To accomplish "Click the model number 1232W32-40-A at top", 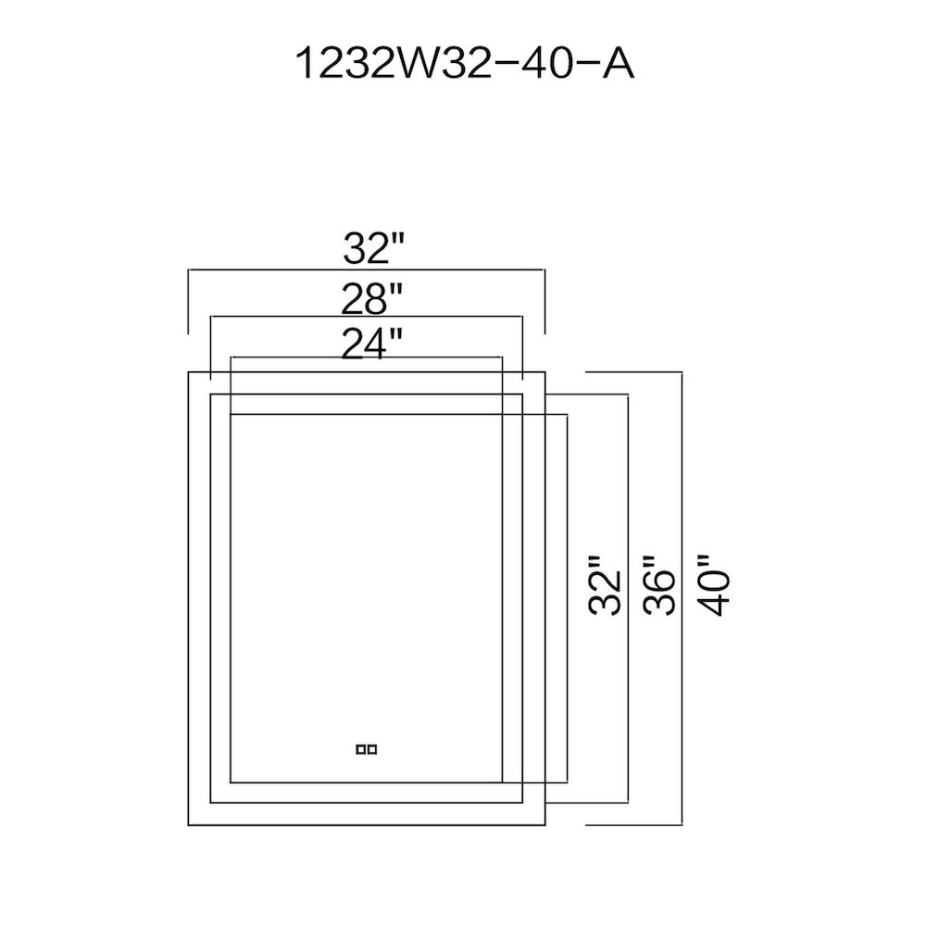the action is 464,64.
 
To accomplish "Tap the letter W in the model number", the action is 420,64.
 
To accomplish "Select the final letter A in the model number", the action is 618,64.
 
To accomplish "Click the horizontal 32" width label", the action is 373,248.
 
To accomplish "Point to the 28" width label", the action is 372,298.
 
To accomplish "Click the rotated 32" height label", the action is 606,585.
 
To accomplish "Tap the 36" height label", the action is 658,585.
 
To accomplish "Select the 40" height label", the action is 713,585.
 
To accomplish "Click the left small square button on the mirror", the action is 361,749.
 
